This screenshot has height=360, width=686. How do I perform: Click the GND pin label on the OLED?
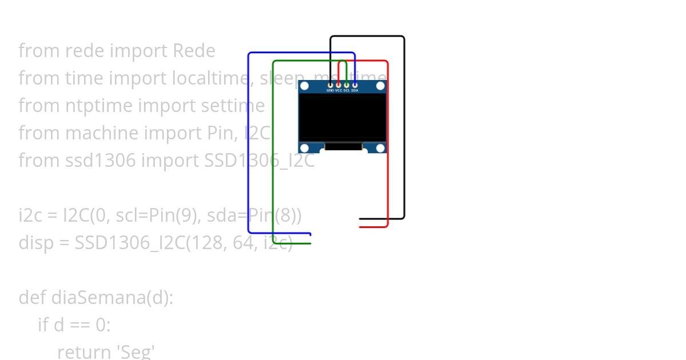pos(330,90)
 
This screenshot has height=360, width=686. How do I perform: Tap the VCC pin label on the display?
pos(338,90)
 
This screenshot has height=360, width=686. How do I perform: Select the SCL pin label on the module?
pos(346,90)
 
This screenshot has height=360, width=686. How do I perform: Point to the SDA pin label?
pos(355,90)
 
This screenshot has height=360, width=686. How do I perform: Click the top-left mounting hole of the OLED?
pos(304,86)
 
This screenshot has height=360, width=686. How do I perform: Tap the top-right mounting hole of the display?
pos(380,86)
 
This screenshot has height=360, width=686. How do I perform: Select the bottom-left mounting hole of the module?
pos(304,149)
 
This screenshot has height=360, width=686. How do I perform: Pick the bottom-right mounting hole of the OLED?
pos(380,149)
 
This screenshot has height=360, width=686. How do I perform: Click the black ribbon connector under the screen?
pos(343,147)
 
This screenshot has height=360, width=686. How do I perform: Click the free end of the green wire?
pos(310,243)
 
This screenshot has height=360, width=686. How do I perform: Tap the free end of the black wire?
pos(360,218)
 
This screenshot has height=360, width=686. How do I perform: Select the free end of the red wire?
pos(360,227)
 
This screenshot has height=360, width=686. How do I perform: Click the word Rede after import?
pos(194,51)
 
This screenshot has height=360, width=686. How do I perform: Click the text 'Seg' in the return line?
pos(135,351)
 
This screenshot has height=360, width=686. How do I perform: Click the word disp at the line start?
pos(33,243)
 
